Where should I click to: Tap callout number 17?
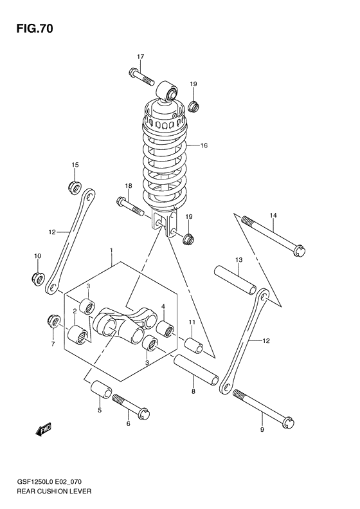click(140, 55)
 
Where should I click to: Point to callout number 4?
click(163, 306)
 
